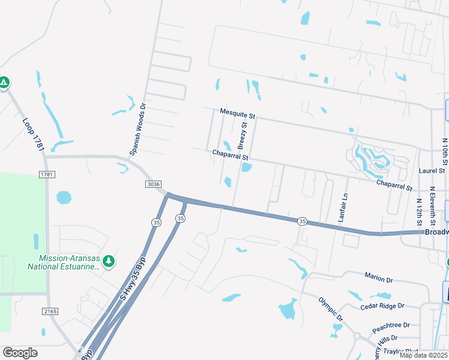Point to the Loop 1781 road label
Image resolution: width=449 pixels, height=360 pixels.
(x=34, y=134)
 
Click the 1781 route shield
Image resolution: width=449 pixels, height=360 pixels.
(x=47, y=174)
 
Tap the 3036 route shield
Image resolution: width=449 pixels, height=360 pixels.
(x=152, y=185)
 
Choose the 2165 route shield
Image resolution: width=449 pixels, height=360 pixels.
(x=50, y=311)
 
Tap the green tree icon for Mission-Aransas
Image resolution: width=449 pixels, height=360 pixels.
(x=108, y=261)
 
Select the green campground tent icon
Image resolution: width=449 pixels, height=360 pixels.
(x=4, y=82)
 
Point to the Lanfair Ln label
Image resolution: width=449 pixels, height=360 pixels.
(x=344, y=207)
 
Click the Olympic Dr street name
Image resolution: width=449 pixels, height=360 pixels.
(x=330, y=308)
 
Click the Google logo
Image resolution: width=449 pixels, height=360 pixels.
(x=20, y=353)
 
